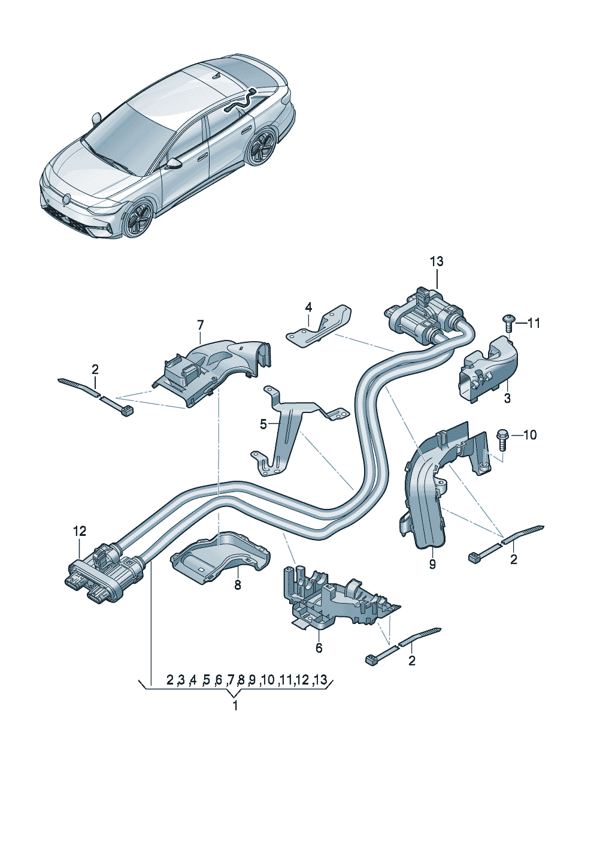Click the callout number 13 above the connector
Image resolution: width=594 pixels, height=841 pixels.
pos(437,261)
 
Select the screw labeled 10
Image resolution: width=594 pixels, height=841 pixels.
pos(502,438)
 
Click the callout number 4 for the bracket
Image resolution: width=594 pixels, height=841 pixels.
pos(308,307)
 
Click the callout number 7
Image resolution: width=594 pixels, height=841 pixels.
pos(201,325)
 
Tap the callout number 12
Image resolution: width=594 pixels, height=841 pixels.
pos(80,531)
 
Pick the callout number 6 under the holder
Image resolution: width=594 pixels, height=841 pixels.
pos(319,648)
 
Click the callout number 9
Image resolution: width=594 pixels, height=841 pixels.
pos(432,564)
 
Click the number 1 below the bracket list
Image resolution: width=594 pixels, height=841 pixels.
pos(235,706)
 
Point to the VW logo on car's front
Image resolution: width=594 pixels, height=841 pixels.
pos(66,198)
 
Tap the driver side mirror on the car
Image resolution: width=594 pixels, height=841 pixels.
pos(174,164)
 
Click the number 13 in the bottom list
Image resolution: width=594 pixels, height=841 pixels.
pos(321,680)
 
